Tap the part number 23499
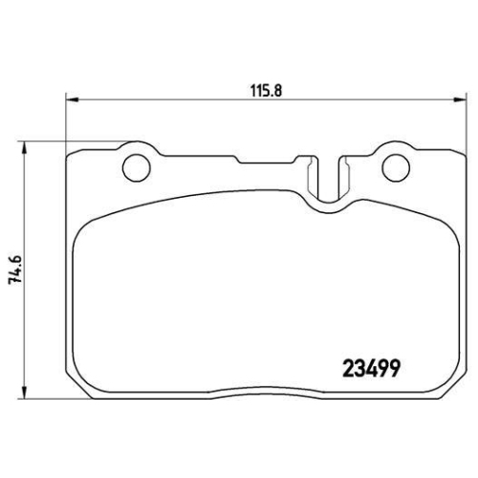(x=370, y=366)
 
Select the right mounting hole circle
(x=393, y=166)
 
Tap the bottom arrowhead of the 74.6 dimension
(x=23, y=394)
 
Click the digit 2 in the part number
(x=348, y=366)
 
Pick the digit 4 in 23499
(x=371, y=366)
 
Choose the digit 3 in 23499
(x=359, y=366)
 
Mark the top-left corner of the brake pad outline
(x=71, y=151)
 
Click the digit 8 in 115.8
(x=284, y=87)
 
